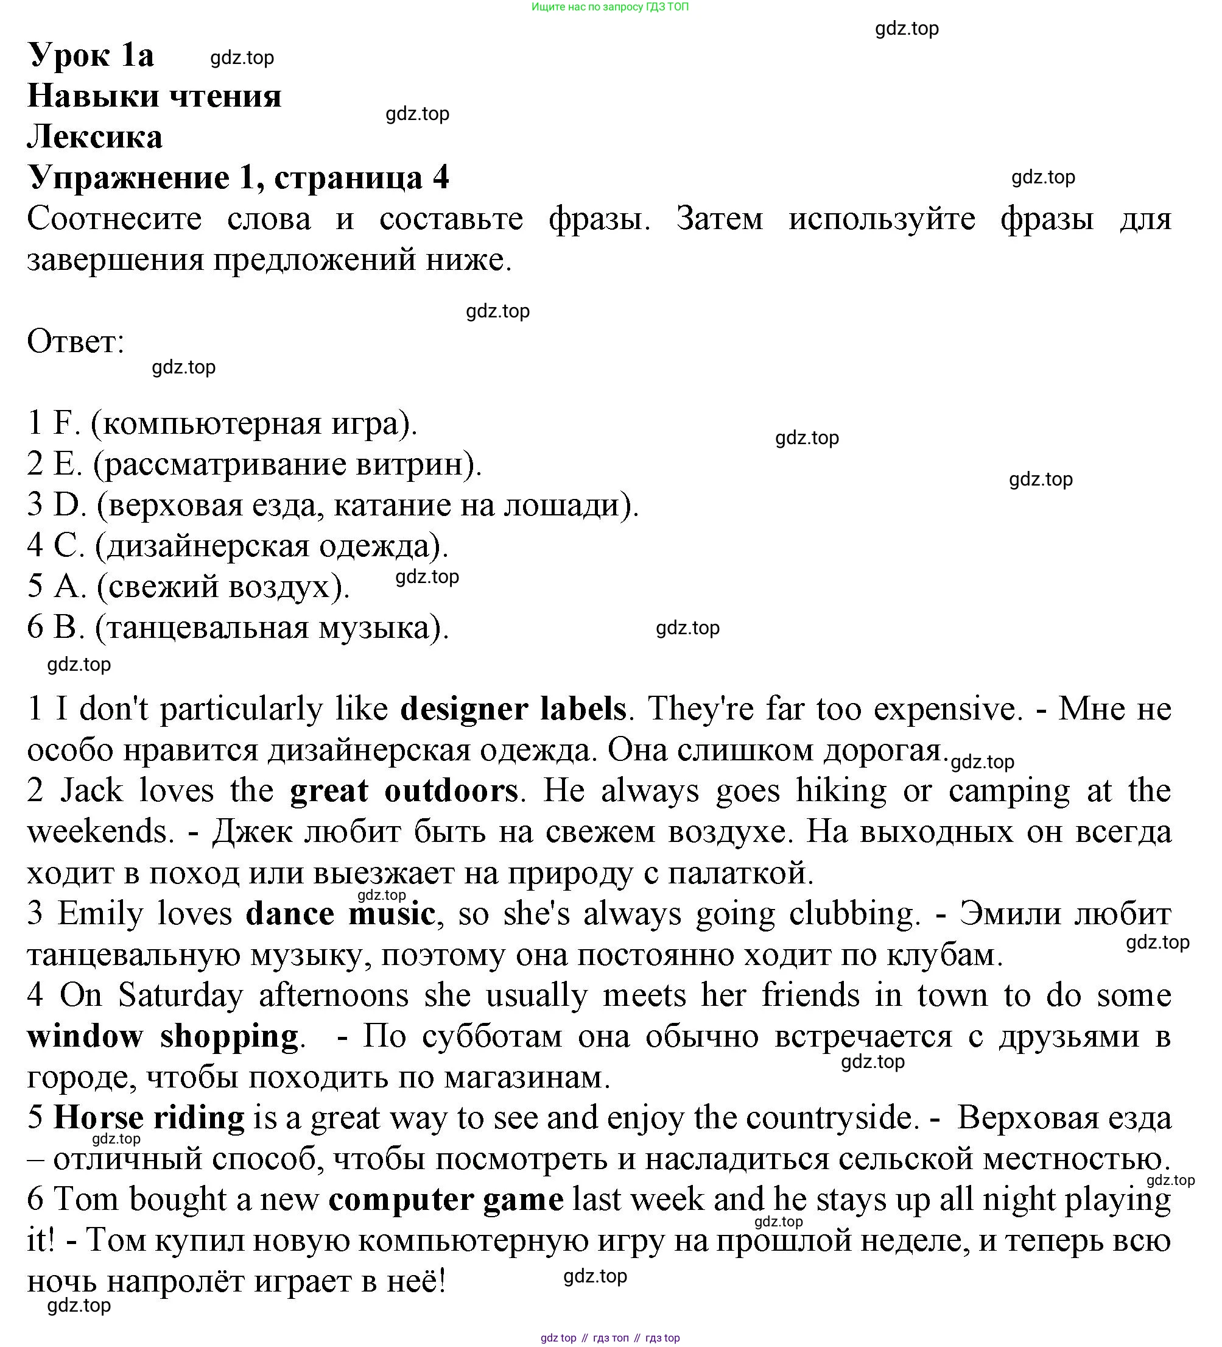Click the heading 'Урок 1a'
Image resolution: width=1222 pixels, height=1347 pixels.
click(91, 55)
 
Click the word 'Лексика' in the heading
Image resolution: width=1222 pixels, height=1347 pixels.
click(95, 137)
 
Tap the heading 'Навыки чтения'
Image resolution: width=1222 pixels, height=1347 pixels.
click(154, 96)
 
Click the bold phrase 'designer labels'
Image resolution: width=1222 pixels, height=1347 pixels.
click(513, 709)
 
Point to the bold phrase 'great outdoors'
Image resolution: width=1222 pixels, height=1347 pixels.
click(404, 791)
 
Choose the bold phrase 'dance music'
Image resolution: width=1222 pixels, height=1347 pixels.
click(340, 913)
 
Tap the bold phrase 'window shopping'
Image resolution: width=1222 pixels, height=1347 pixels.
click(163, 1036)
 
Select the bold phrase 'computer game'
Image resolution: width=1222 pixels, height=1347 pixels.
click(446, 1200)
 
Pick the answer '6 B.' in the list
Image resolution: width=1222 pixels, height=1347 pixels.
click(56, 628)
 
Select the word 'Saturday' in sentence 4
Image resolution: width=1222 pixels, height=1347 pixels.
click(181, 995)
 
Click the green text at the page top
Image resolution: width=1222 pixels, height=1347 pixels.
click(609, 7)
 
